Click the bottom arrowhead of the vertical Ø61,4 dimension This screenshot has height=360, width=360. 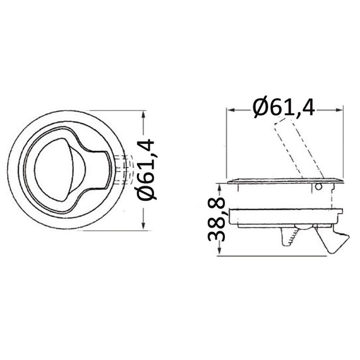143,227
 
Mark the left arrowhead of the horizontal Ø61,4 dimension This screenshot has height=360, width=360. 230,109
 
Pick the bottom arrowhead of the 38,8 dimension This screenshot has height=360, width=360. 219,252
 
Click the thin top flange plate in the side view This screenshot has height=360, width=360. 285,181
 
